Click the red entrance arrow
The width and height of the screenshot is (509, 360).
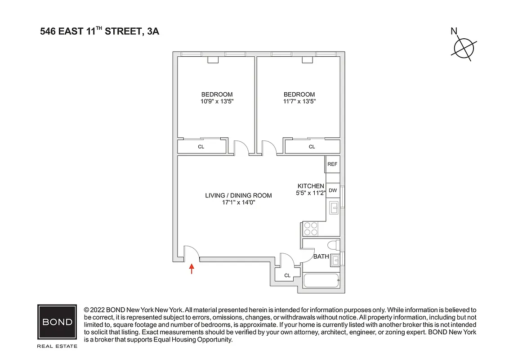tap(192, 269)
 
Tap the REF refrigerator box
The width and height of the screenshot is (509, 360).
tap(332, 164)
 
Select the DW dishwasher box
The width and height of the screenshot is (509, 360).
tap(332, 190)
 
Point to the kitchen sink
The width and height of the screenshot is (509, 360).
tap(334, 207)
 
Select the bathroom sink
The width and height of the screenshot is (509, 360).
tap(335, 260)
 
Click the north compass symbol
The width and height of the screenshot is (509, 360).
tap(464, 47)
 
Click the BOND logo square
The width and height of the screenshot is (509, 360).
tap(57, 322)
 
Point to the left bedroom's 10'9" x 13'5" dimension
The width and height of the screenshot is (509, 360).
tap(217, 101)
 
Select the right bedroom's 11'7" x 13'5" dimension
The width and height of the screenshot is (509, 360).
tap(299, 101)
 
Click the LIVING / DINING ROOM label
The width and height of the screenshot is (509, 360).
tap(238, 195)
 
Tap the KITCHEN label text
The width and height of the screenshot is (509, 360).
tap(311, 186)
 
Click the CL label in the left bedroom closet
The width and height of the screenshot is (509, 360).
tap(201, 147)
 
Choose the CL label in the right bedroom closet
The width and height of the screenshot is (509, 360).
tap(312, 147)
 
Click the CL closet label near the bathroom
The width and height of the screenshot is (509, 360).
tap(286, 275)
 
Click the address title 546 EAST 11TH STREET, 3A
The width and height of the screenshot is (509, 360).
tap(99, 31)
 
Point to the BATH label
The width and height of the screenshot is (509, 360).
tap(321, 257)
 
